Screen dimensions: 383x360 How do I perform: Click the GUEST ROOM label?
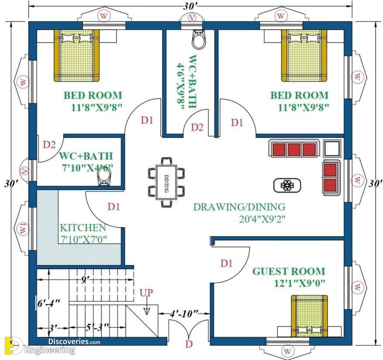[x=289, y=271]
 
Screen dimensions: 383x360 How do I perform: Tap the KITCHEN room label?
[x=83, y=228]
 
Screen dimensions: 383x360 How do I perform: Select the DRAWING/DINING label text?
[x=239, y=207]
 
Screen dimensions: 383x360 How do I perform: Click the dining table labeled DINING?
[x=166, y=182]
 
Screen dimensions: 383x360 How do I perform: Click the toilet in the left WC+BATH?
[x=104, y=177]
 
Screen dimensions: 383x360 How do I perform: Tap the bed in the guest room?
[x=309, y=316]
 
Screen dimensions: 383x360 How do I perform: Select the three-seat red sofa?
[x=294, y=149]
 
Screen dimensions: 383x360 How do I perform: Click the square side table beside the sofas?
[x=332, y=149]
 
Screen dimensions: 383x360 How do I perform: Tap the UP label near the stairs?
[x=146, y=293]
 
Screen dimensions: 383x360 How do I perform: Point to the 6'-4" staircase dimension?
[x=48, y=303]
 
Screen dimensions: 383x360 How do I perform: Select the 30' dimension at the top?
[x=190, y=7]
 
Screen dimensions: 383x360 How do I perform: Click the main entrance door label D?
[x=189, y=344]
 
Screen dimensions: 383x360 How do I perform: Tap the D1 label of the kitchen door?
[x=114, y=207]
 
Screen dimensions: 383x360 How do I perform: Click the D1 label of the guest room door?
[x=226, y=263]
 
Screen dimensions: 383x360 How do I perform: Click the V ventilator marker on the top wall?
[x=192, y=17]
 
